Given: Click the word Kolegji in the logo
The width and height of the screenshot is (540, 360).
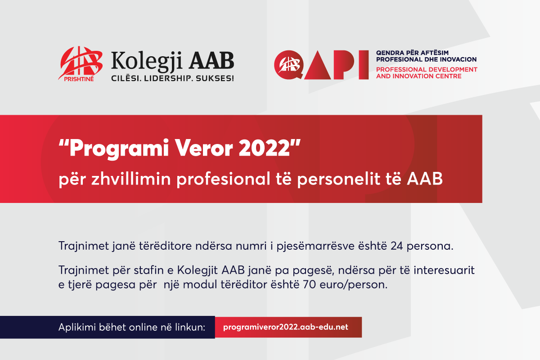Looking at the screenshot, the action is [x=147, y=62].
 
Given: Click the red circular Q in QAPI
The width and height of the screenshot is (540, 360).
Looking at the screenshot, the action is [x=288, y=65].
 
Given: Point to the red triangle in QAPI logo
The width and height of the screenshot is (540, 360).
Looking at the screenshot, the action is [x=318, y=66].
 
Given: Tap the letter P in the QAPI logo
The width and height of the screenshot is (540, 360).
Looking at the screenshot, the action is [x=344, y=65].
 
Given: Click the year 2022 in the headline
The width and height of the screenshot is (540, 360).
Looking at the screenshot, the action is [x=264, y=148].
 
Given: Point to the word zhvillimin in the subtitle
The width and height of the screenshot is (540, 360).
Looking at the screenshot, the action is [x=131, y=179].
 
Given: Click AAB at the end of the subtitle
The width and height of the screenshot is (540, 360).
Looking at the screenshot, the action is [x=425, y=179].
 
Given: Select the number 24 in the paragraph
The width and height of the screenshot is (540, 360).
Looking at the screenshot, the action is [x=396, y=246].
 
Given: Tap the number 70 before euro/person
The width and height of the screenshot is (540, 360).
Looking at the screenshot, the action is [x=310, y=284].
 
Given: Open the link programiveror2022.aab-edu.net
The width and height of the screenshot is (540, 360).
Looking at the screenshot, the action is [x=286, y=327].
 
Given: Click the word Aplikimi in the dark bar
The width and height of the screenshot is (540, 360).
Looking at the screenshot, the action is [x=76, y=328].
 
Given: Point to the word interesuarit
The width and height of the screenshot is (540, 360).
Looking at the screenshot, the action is [x=444, y=270].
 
